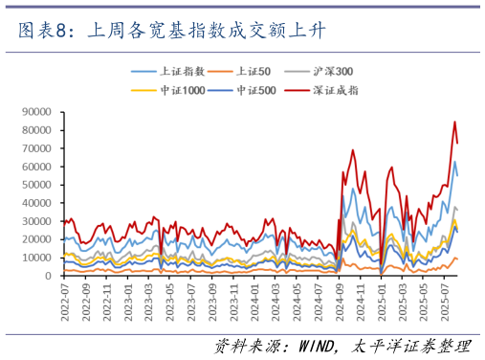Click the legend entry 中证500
tap(255, 90)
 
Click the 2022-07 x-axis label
tap(65, 299)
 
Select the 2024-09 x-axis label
tap(342, 299)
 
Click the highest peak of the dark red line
tap(454, 122)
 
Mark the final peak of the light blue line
tap(454, 162)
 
